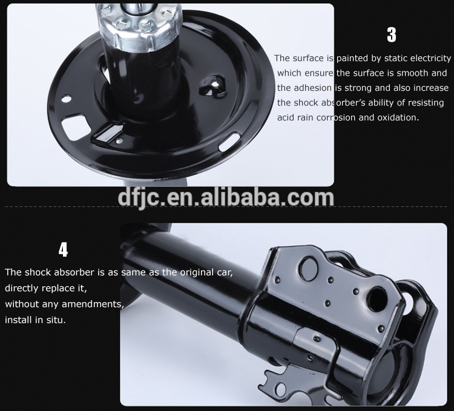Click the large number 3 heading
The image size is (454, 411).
(392, 35)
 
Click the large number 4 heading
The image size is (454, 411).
(63, 250)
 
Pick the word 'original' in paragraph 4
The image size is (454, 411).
(197, 272)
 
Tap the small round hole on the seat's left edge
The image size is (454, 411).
(67, 99)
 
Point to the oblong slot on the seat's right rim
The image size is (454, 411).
(229, 141)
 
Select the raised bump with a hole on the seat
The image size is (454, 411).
(212, 85)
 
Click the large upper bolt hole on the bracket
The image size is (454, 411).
(309, 269)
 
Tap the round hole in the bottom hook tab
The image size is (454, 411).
(281, 389)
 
